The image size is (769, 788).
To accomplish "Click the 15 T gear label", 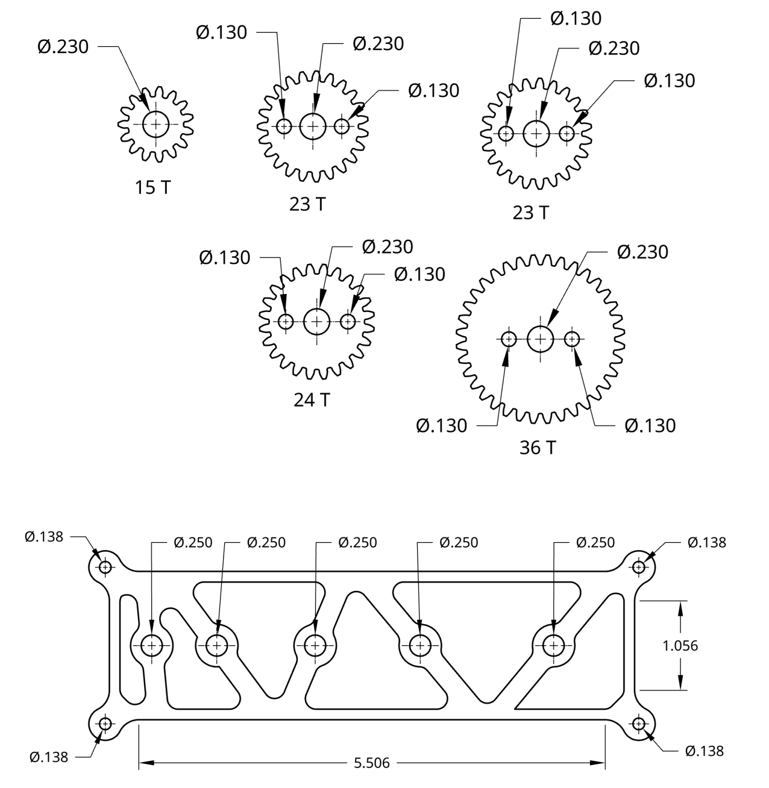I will click(152, 187).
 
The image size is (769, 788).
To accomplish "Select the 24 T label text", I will click(312, 399).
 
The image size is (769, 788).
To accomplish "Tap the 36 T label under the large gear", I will click(538, 448).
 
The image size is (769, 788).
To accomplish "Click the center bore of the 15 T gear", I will click(156, 124).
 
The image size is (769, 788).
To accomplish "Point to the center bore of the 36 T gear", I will click(541, 339).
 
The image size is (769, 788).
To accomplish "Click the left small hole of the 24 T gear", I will click(286, 322).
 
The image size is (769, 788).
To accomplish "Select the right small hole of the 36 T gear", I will click(572, 339).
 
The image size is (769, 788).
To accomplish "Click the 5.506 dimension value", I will click(371, 763).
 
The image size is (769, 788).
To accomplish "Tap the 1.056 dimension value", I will click(680, 646).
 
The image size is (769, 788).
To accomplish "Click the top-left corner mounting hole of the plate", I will click(106, 567).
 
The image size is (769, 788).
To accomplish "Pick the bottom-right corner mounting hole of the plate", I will click(639, 723).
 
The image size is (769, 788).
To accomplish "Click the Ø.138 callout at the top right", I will click(706, 542).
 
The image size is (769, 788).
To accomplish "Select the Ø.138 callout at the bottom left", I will click(49, 757).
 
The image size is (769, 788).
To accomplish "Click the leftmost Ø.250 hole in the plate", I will click(151, 646).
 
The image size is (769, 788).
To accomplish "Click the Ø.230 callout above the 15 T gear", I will click(63, 46).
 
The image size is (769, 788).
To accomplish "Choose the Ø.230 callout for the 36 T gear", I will click(642, 252).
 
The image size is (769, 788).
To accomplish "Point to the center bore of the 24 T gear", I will click(317, 322).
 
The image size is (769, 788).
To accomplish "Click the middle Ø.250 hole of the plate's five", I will click(313, 646).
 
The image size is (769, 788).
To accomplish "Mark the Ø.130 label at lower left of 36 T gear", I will click(441, 426).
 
